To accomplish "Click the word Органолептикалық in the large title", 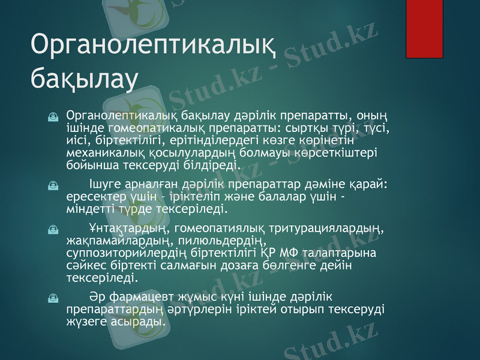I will (154, 45).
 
